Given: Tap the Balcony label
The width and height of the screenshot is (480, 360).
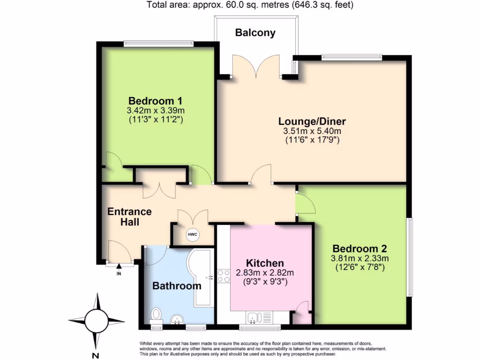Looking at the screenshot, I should [x=255, y=33].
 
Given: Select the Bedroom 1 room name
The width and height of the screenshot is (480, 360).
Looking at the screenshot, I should [x=155, y=101].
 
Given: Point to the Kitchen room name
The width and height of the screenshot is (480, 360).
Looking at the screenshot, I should [x=265, y=263].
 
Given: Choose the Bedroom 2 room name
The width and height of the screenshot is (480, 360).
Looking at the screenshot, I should [x=360, y=248].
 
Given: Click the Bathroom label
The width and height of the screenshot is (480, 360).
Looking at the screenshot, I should [x=177, y=285].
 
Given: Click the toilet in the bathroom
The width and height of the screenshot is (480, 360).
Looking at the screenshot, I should [x=156, y=315].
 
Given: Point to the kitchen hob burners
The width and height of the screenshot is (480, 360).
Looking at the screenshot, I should [x=224, y=275].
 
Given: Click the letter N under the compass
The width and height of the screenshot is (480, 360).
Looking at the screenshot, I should [x=97, y=355].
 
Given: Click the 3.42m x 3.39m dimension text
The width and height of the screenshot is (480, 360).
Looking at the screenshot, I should [x=156, y=111].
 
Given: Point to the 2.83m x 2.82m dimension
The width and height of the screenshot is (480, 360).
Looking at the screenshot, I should [x=265, y=273].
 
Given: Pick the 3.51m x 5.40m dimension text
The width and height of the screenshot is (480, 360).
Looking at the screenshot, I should [x=311, y=131].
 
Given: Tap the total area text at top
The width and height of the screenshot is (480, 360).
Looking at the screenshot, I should [x=250, y=5].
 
